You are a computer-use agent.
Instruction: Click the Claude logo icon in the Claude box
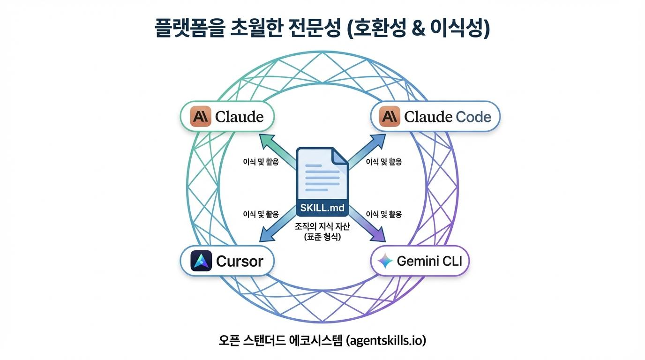point(201,117)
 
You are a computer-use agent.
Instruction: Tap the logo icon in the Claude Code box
point(390,117)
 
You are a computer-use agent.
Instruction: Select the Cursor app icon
point(202,261)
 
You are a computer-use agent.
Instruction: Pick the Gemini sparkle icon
point(385,261)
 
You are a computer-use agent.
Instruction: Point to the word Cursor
point(240,261)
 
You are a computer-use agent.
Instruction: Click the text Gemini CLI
point(429,261)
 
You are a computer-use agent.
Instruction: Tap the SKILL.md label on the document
point(322,208)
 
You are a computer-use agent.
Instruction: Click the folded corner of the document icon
point(340,156)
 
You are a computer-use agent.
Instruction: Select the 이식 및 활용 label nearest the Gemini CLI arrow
point(383,215)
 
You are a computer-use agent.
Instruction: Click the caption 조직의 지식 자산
point(322,226)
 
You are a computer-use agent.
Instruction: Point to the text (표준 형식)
point(322,237)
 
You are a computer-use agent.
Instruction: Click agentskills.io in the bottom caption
point(386,340)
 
